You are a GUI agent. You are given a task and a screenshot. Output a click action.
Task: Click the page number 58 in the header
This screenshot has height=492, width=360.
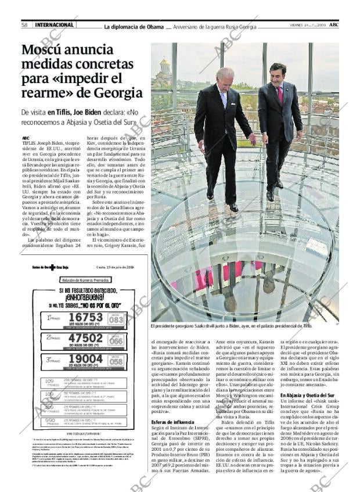click(x=25, y=25)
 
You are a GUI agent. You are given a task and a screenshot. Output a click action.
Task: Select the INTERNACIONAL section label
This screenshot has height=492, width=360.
click(x=55, y=25)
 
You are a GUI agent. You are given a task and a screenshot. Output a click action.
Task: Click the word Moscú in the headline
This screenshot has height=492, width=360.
click(x=46, y=51)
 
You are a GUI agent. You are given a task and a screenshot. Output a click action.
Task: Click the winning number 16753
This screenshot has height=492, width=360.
click(x=85, y=317)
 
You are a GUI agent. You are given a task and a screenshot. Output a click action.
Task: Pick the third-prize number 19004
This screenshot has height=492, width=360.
click(x=85, y=359)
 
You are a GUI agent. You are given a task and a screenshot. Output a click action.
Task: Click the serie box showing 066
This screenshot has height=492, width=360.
click(x=116, y=340)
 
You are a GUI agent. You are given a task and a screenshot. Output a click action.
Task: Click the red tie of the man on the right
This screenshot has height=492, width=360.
click(x=279, y=94)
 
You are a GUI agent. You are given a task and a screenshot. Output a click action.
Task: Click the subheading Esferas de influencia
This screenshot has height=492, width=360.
click(x=172, y=422)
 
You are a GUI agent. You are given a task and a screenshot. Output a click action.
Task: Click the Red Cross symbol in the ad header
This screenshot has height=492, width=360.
click(x=51, y=267)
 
